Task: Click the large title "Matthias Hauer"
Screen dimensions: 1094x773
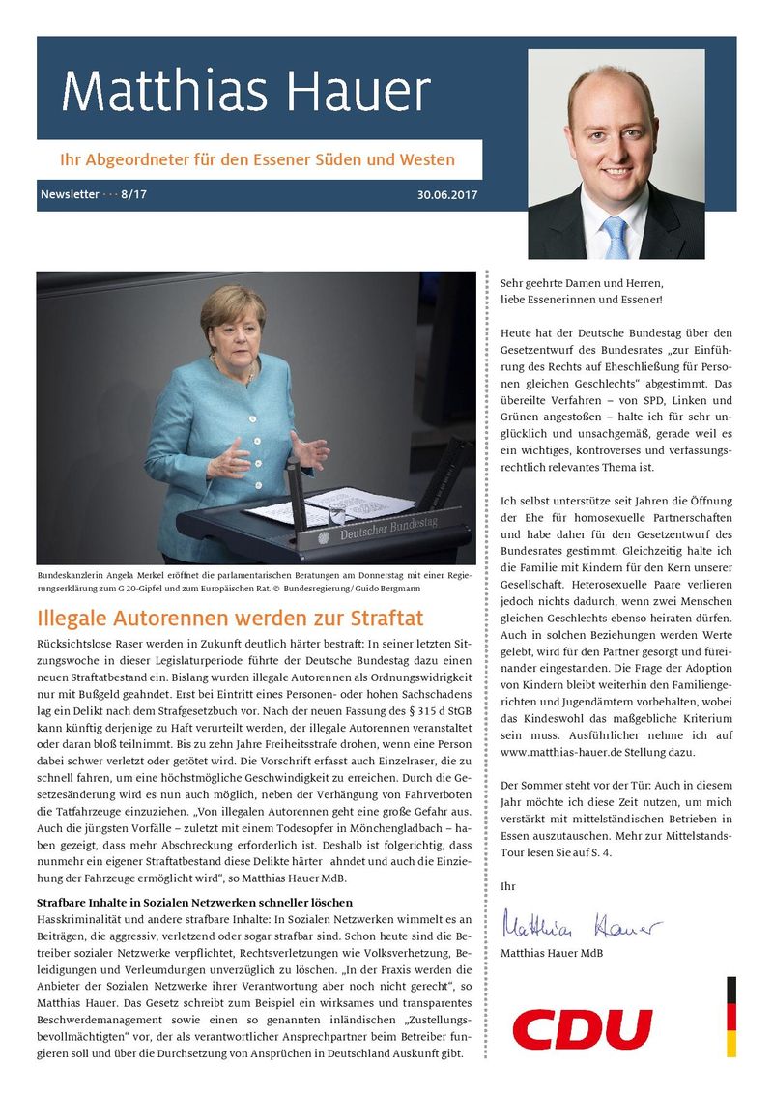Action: click(x=245, y=92)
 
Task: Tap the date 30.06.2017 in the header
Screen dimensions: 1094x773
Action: click(x=447, y=194)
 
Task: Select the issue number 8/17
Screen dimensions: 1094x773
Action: click(x=134, y=194)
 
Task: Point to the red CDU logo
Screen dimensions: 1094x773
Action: click(x=582, y=1028)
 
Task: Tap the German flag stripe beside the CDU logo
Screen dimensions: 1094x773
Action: click(x=731, y=1016)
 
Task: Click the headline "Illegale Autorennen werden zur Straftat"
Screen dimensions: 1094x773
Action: click(x=230, y=618)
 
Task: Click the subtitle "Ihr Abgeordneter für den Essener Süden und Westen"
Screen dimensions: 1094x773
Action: click(x=258, y=158)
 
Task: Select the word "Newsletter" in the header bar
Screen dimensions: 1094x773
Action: click(x=70, y=194)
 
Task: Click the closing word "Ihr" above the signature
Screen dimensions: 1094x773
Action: click(x=508, y=885)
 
